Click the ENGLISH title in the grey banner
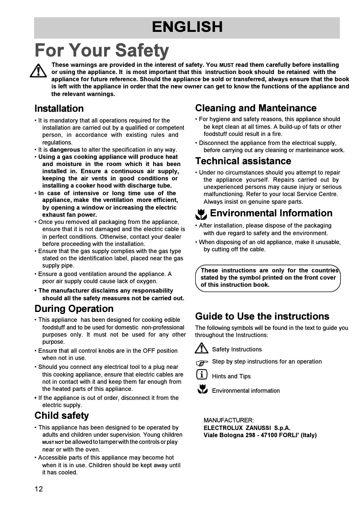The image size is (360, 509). [187, 27]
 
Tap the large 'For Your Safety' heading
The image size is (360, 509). [102, 50]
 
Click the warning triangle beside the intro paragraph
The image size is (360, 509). [39, 70]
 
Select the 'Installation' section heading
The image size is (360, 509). [59, 109]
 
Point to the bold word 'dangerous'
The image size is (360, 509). [65, 149]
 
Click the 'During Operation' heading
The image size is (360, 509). [74, 309]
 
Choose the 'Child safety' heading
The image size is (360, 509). [61, 415]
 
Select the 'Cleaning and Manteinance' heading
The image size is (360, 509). [255, 108]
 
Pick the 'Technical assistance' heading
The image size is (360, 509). [243, 161]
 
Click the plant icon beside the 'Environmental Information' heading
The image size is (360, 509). [202, 214]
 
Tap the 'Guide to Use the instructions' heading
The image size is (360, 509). [262, 316]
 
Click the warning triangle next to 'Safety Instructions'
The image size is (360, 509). [202, 348]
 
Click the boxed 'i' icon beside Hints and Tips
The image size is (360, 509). [202, 375]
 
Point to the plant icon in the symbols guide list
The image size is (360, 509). [202, 390]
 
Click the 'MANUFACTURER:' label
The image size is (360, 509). [228, 421]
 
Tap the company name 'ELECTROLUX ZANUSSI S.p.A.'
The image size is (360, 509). [247, 428]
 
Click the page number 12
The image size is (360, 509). [39, 489]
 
